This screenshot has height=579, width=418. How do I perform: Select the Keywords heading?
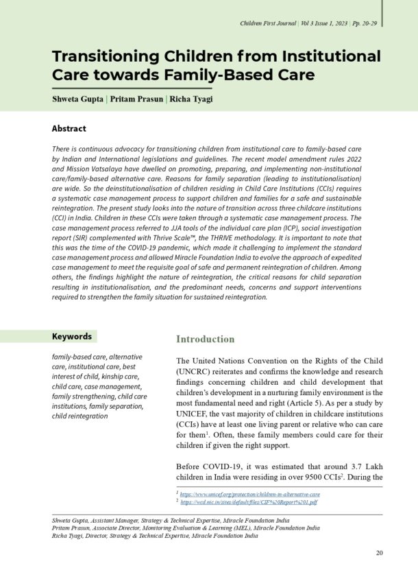point(72,337)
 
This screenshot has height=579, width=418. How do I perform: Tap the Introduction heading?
point(205,339)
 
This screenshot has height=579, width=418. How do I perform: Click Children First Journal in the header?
point(268,24)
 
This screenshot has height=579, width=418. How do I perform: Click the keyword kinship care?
point(121,377)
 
